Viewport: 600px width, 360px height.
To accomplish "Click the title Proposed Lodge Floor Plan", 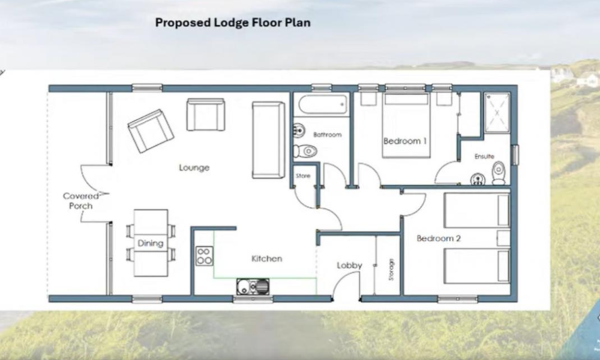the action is pyautogui.click(x=233, y=23).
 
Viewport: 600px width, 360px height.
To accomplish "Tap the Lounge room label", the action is pyautogui.click(x=194, y=167).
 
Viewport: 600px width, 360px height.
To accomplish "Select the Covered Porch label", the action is pyautogui.click(x=81, y=201).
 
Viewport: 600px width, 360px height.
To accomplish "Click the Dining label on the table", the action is pyautogui.click(x=151, y=244).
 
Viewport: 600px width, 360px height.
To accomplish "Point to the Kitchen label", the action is pyautogui.click(x=267, y=259).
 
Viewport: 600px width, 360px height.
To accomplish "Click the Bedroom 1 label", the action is pyautogui.click(x=405, y=141).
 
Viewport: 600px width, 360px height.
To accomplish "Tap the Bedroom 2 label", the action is pyautogui.click(x=439, y=238).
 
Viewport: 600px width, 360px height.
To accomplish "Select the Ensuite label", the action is pyautogui.click(x=484, y=156).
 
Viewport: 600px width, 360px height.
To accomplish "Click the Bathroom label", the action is pyautogui.click(x=327, y=134).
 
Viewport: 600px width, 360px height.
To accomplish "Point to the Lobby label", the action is pyautogui.click(x=349, y=265).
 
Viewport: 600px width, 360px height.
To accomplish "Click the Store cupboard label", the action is pyautogui.click(x=302, y=176).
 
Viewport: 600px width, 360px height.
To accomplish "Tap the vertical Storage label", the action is pyautogui.click(x=391, y=269).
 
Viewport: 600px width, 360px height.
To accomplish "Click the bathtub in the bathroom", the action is pyautogui.click(x=323, y=104).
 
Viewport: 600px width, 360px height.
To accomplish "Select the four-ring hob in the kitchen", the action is pyautogui.click(x=205, y=256).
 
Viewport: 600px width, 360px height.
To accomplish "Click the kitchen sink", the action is pyautogui.click(x=253, y=287).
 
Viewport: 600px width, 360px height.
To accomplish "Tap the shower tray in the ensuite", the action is pyautogui.click(x=497, y=113).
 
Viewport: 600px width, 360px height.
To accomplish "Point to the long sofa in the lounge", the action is pyautogui.click(x=268, y=140).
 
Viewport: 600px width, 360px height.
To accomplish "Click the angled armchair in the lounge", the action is pyautogui.click(x=151, y=131).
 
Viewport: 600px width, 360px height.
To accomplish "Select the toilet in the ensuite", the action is pyautogui.click(x=498, y=173).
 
